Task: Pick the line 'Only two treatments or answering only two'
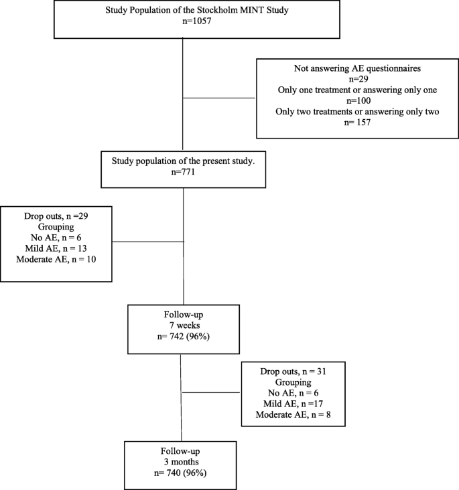coord(357,111)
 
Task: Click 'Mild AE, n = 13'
coord(56,248)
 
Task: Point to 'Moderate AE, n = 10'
coord(56,258)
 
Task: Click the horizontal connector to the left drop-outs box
coord(147,242)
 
